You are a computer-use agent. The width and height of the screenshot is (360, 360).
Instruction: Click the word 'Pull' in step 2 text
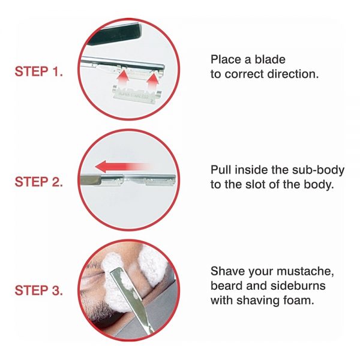pyautogui.click(x=221, y=170)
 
